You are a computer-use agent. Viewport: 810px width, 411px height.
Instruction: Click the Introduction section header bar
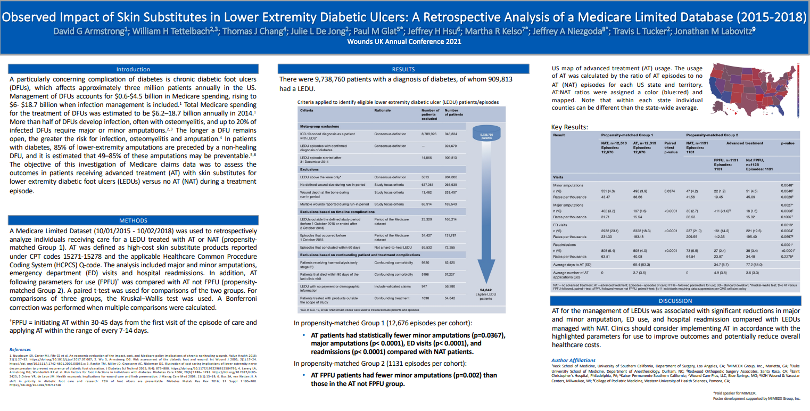[133, 69]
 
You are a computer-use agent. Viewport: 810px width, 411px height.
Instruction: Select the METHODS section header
[133, 220]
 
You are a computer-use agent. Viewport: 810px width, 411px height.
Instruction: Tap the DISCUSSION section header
[675, 301]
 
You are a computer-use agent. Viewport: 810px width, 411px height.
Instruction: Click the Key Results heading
[569, 127]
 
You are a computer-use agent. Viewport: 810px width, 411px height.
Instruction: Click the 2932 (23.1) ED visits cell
[611, 231]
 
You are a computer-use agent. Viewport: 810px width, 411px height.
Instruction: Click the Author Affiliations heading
[573, 360]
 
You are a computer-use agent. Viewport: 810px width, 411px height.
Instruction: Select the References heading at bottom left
[20, 349]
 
